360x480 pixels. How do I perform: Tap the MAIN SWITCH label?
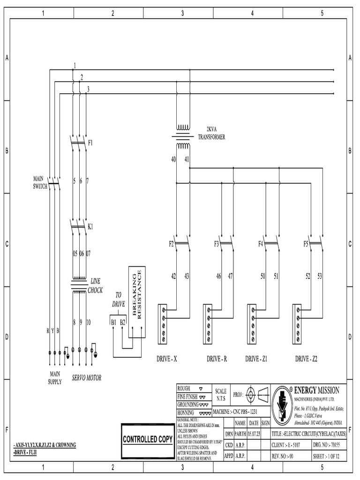point(40,182)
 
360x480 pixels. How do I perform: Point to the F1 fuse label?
point(90,142)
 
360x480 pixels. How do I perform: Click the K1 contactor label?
point(90,226)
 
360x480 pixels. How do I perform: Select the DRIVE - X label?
point(166,359)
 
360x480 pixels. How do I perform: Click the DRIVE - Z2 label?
point(306,359)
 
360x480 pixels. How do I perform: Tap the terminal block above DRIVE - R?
point(207,322)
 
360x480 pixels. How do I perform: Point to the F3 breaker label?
point(217,244)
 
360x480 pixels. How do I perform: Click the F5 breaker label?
point(306,244)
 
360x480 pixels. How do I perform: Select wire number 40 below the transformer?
point(173,160)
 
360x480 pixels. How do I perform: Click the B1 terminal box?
point(113,322)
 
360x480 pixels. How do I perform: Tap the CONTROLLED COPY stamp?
point(148,439)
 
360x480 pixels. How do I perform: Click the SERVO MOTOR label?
point(86,377)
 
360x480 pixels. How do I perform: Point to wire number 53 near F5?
point(319,277)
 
